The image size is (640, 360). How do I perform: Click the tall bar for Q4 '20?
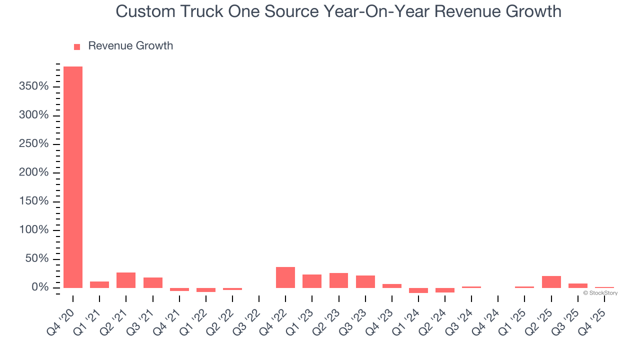pos(73,177)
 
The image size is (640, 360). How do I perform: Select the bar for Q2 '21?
pos(126,280)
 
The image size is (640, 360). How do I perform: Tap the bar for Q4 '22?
pos(285,277)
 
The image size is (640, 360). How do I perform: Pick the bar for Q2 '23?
pos(338,280)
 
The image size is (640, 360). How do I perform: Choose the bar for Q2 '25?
pos(551,282)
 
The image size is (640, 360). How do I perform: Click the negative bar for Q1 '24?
pos(418,290)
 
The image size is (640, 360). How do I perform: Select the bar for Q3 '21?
pos(152,282)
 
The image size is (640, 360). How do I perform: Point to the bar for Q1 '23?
pos(312,281)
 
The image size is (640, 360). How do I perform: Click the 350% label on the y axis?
pos(33,87)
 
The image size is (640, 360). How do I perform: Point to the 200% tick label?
pos(33,173)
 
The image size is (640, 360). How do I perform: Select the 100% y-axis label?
pos(33,230)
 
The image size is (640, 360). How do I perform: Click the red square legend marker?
pos(77,47)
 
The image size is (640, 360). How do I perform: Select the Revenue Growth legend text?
pos(130,46)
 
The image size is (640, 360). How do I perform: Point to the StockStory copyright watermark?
pos(600,293)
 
